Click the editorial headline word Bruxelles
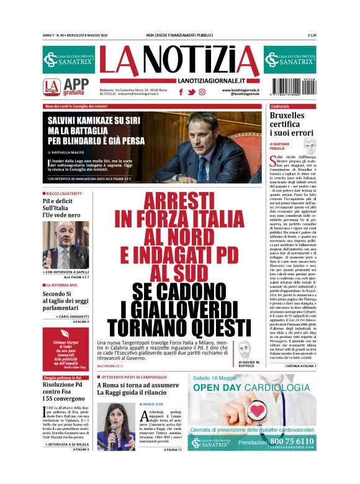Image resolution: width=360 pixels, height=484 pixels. pyautogui.click(x=289, y=117)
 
